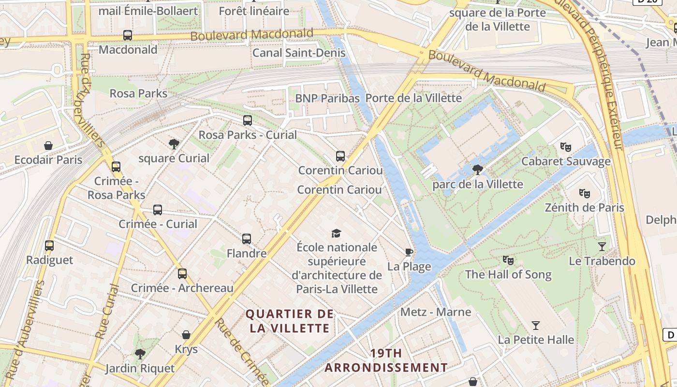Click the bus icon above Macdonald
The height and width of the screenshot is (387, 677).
point(128,35)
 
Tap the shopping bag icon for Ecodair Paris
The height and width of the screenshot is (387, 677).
point(48,146)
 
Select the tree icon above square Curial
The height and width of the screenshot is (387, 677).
point(174,144)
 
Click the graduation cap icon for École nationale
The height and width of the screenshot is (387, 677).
point(336,234)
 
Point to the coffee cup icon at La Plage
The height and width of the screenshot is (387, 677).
point(409,252)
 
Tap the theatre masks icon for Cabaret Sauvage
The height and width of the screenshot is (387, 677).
point(565,147)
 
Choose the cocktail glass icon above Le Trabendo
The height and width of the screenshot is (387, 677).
point(602,247)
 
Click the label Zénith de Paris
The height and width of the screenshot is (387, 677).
point(584,208)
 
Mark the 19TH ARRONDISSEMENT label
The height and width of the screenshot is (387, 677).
point(386,360)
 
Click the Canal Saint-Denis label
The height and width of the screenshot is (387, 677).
point(299,53)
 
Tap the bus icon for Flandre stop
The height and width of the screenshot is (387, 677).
point(247,239)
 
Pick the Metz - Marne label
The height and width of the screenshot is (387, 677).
point(436,312)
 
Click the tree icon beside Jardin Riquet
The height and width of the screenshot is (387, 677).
point(140,354)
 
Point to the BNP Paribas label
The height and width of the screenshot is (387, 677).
point(327,98)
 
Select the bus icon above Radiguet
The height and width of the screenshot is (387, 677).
point(49,246)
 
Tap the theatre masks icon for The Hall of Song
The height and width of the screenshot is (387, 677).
point(508,260)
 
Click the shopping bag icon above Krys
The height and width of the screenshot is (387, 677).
point(186,335)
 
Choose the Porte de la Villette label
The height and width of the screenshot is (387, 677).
point(413,98)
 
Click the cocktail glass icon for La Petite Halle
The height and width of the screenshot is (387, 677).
point(536,326)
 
